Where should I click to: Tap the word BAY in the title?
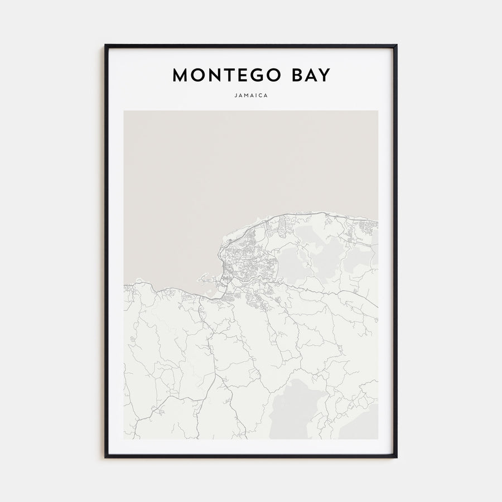point(309,75)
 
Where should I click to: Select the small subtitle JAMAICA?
point(251,95)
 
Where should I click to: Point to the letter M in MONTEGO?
point(181,75)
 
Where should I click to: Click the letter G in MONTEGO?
point(254,75)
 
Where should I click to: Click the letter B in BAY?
point(293,75)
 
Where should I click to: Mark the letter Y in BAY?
point(324,75)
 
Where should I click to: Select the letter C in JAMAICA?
point(261,95)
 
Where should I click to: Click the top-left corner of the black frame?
point(105,46)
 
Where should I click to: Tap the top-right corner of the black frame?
point(396,46)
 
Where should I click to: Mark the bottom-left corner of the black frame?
point(105,457)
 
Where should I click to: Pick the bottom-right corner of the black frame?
point(396,457)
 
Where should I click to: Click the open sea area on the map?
point(223,167)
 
